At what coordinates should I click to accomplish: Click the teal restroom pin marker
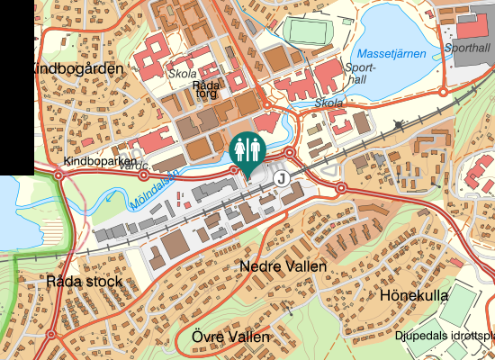(x=245, y=149)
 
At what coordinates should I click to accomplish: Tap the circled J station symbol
(x=283, y=178)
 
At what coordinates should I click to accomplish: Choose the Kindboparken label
(x=98, y=161)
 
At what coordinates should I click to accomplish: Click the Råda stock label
(x=84, y=282)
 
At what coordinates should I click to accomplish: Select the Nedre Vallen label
(x=283, y=267)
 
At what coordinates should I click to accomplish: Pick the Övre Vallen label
(x=230, y=337)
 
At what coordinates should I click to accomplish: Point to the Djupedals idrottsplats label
(x=445, y=336)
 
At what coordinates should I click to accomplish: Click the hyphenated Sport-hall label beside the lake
(x=357, y=73)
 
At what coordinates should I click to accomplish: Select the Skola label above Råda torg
(x=184, y=75)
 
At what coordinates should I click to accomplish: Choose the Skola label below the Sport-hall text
(x=329, y=103)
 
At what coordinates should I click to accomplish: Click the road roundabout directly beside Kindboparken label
(x=59, y=175)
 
